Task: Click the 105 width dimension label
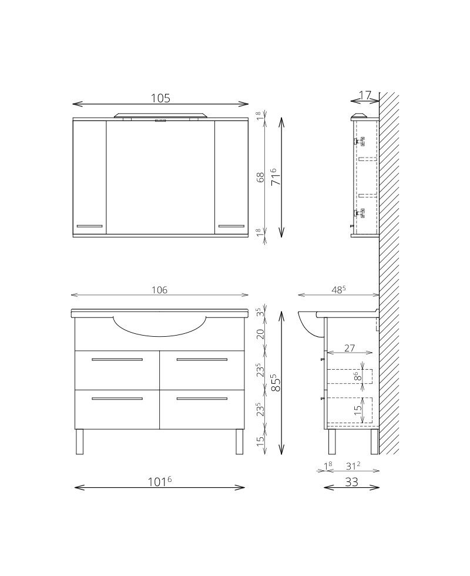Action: click(160, 98)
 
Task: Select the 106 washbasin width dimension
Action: click(159, 290)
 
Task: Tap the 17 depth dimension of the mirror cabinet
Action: click(364, 95)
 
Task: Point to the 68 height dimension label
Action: click(260, 178)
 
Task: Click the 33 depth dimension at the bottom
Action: click(351, 481)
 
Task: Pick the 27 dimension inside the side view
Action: click(349, 347)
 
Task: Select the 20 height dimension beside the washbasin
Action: click(260, 334)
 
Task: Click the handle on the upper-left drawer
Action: click(117, 359)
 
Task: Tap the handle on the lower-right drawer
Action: click(202, 398)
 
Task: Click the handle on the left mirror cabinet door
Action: click(90, 226)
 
